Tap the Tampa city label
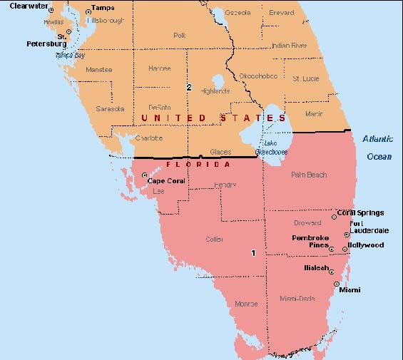pos(103,9)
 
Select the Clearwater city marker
pos(51,10)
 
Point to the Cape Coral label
pos(165,181)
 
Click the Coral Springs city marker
pos(334,216)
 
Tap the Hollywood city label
pos(366,245)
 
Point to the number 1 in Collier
pos(253,253)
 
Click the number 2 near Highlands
pos(189,88)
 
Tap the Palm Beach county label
pos(308,174)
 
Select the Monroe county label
pos(247,304)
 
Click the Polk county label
pos(180,34)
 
